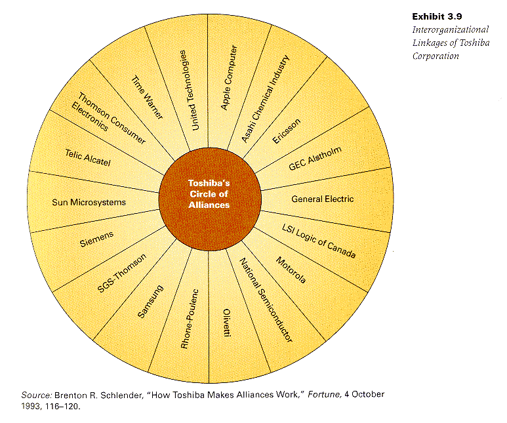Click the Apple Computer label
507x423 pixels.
pos(229,77)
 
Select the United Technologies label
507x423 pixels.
pos(188,91)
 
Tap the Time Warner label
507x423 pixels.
pos(147,97)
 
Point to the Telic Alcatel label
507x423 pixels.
pos(88,157)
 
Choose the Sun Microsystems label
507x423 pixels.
pos(89,203)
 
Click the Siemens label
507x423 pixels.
pos(96,239)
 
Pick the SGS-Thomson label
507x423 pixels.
pos(122,273)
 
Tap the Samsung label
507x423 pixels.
pos(150,302)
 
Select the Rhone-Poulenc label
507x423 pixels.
pos(190,319)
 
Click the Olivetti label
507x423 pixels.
pos(228,323)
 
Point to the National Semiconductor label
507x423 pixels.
pos(266,300)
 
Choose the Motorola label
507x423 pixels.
pos(291,270)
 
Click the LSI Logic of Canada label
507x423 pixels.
pos(319,241)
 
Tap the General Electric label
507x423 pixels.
pos(323,199)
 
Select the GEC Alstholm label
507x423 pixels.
pos(315,159)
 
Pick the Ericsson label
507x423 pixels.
pos(287,131)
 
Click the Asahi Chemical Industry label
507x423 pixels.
pos(265,98)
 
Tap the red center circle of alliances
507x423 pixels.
pos(209,199)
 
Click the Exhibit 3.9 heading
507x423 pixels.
pos(437,16)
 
